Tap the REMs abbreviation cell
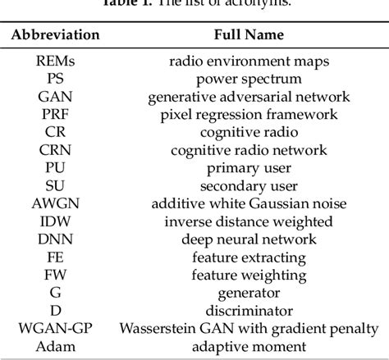point(57,62)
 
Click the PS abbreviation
point(57,79)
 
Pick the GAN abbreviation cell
point(57,97)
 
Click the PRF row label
point(57,115)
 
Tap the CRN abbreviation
point(57,150)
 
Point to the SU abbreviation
point(57,186)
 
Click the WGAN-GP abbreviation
point(57,329)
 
